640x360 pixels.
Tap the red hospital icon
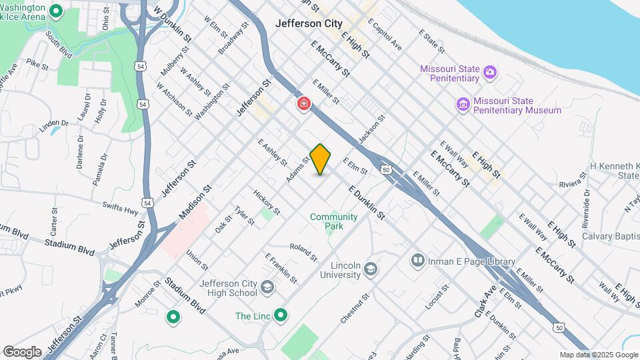pyautogui.click(x=304, y=104)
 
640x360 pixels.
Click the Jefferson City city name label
pyautogui.click(x=309, y=23)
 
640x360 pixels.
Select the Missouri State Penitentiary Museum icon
pyautogui.click(x=463, y=105)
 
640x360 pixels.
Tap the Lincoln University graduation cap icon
pyautogui.click(x=371, y=270)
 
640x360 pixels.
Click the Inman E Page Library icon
pyautogui.click(x=418, y=259)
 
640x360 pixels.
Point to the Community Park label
pyautogui.click(x=333, y=221)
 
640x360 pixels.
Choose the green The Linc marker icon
pyautogui.click(x=281, y=315)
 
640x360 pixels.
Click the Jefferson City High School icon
pyautogui.click(x=267, y=288)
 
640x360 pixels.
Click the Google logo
pyautogui.click(x=22, y=351)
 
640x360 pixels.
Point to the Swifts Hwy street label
pyautogui.click(x=121, y=209)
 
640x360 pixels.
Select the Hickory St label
pyautogui.click(x=267, y=201)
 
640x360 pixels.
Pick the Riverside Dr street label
pyautogui.click(x=587, y=204)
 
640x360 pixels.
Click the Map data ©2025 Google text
pyautogui.click(x=598, y=355)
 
